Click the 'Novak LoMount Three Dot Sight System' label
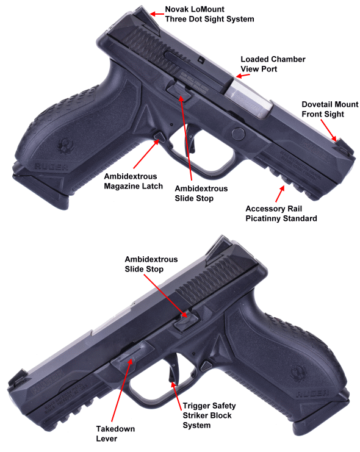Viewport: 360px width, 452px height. (x=209, y=14)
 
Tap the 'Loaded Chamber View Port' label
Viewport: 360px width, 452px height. (x=273, y=64)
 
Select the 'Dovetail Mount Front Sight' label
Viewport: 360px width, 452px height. (x=330, y=109)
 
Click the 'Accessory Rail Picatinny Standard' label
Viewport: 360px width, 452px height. (x=281, y=213)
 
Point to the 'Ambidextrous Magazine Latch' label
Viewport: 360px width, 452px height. (x=133, y=181)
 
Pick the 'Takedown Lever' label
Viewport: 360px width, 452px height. (x=115, y=434)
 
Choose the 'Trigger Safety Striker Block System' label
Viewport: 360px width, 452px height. (x=209, y=415)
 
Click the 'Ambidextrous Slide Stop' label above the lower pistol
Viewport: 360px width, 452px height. (x=151, y=264)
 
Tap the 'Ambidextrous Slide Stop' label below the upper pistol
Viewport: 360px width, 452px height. (x=201, y=193)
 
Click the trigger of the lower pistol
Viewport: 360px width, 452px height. (x=173, y=370)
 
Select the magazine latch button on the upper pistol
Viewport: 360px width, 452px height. (x=159, y=137)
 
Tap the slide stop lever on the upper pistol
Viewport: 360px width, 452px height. (x=179, y=90)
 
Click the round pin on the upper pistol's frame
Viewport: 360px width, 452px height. (x=238, y=134)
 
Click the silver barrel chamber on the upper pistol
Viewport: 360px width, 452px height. (x=250, y=99)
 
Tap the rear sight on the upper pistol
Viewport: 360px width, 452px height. (x=148, y=20)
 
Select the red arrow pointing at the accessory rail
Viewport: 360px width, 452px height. (x=280, y=194)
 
